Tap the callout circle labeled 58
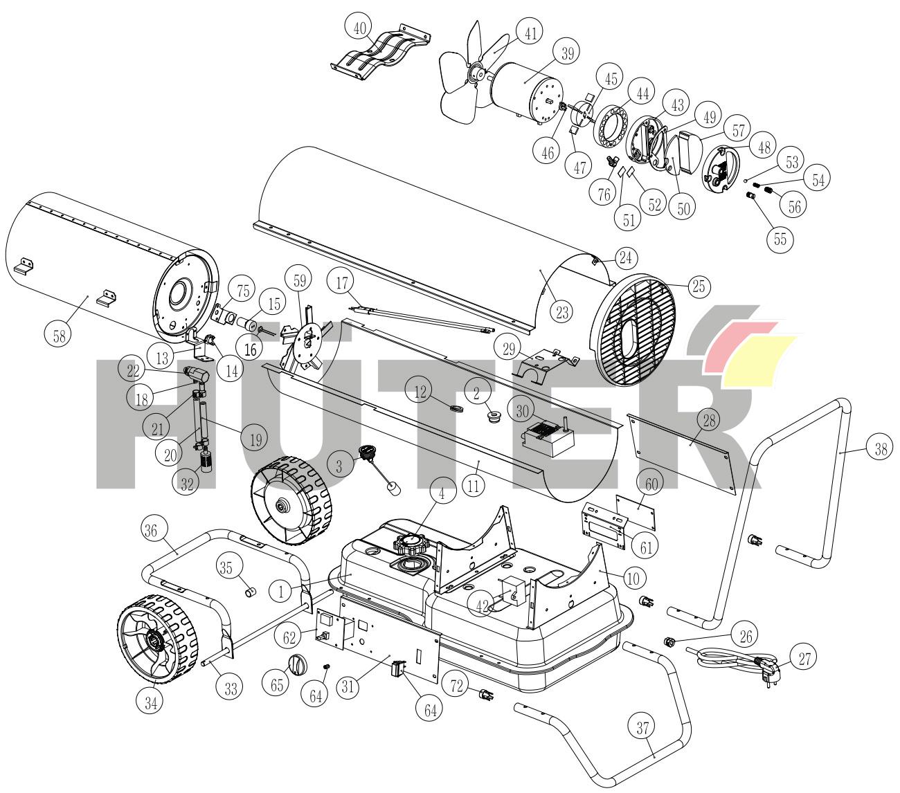tap(59, 336)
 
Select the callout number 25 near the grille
tap(699, 286)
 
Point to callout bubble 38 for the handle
tap(881, 449)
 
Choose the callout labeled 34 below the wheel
tap(151, 703)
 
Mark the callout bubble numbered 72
tap(457, 686)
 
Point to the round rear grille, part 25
tap(631, 331)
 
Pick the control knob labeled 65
tap(298, 665)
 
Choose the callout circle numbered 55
tap(780, 239)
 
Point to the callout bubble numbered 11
tap(474, 485)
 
